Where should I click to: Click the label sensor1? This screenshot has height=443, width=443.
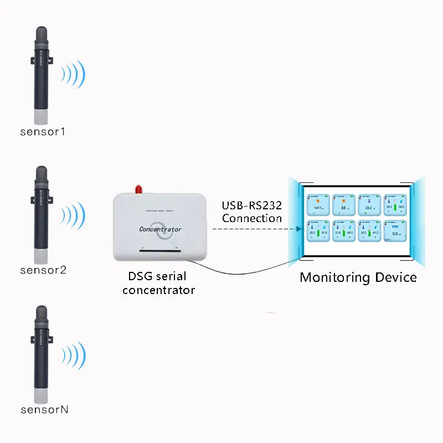[x=43, y=132]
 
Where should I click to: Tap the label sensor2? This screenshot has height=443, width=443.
[x=43, y=270]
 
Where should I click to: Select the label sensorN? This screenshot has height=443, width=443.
[x=44, y=410]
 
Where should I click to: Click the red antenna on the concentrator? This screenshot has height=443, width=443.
[x=139, y=189]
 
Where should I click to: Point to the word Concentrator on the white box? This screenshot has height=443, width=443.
[x=160, y=229]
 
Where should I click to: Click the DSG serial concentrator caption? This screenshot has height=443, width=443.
[x=158, y=283]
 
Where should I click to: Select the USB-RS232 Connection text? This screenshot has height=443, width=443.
[x=252, y=212]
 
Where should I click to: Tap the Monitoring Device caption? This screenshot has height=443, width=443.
[x=358, y=277]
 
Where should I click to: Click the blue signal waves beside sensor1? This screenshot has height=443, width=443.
[x=74, y=74]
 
